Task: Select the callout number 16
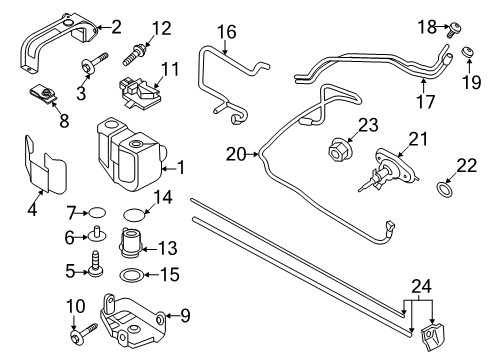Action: [227, 33]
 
